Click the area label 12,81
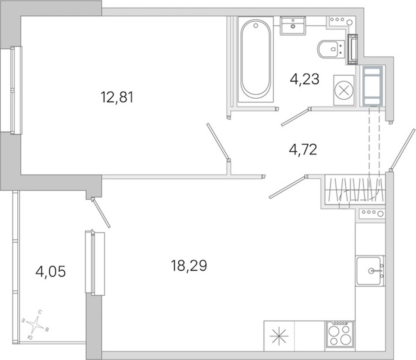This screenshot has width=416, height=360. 117,97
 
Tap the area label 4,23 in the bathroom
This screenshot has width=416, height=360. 304,79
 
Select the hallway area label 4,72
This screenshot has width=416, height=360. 303,150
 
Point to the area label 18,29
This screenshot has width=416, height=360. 189,266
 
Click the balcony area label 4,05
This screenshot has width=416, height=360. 50,272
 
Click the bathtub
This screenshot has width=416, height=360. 256,59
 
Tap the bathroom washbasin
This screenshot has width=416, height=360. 293,26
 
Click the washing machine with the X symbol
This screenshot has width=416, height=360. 344,90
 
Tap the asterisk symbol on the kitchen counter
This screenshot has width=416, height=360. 278,335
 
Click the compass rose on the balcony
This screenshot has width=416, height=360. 35,324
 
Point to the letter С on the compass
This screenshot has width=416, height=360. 40,312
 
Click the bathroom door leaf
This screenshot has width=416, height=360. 295,117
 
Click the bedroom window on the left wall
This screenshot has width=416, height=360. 11,90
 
